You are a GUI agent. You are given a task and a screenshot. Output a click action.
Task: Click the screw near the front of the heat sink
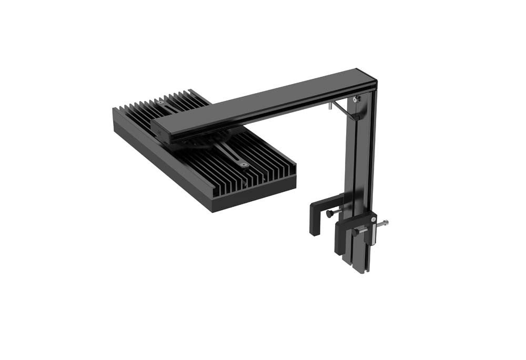242,164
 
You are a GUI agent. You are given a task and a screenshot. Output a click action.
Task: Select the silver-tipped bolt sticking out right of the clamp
386,223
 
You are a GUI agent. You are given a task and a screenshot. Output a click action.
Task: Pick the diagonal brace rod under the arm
345,110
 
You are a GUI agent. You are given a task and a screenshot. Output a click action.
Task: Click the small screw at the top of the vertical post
356,99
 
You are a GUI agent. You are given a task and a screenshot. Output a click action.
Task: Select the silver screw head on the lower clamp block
373,220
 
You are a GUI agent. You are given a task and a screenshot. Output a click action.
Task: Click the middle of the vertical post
358,158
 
